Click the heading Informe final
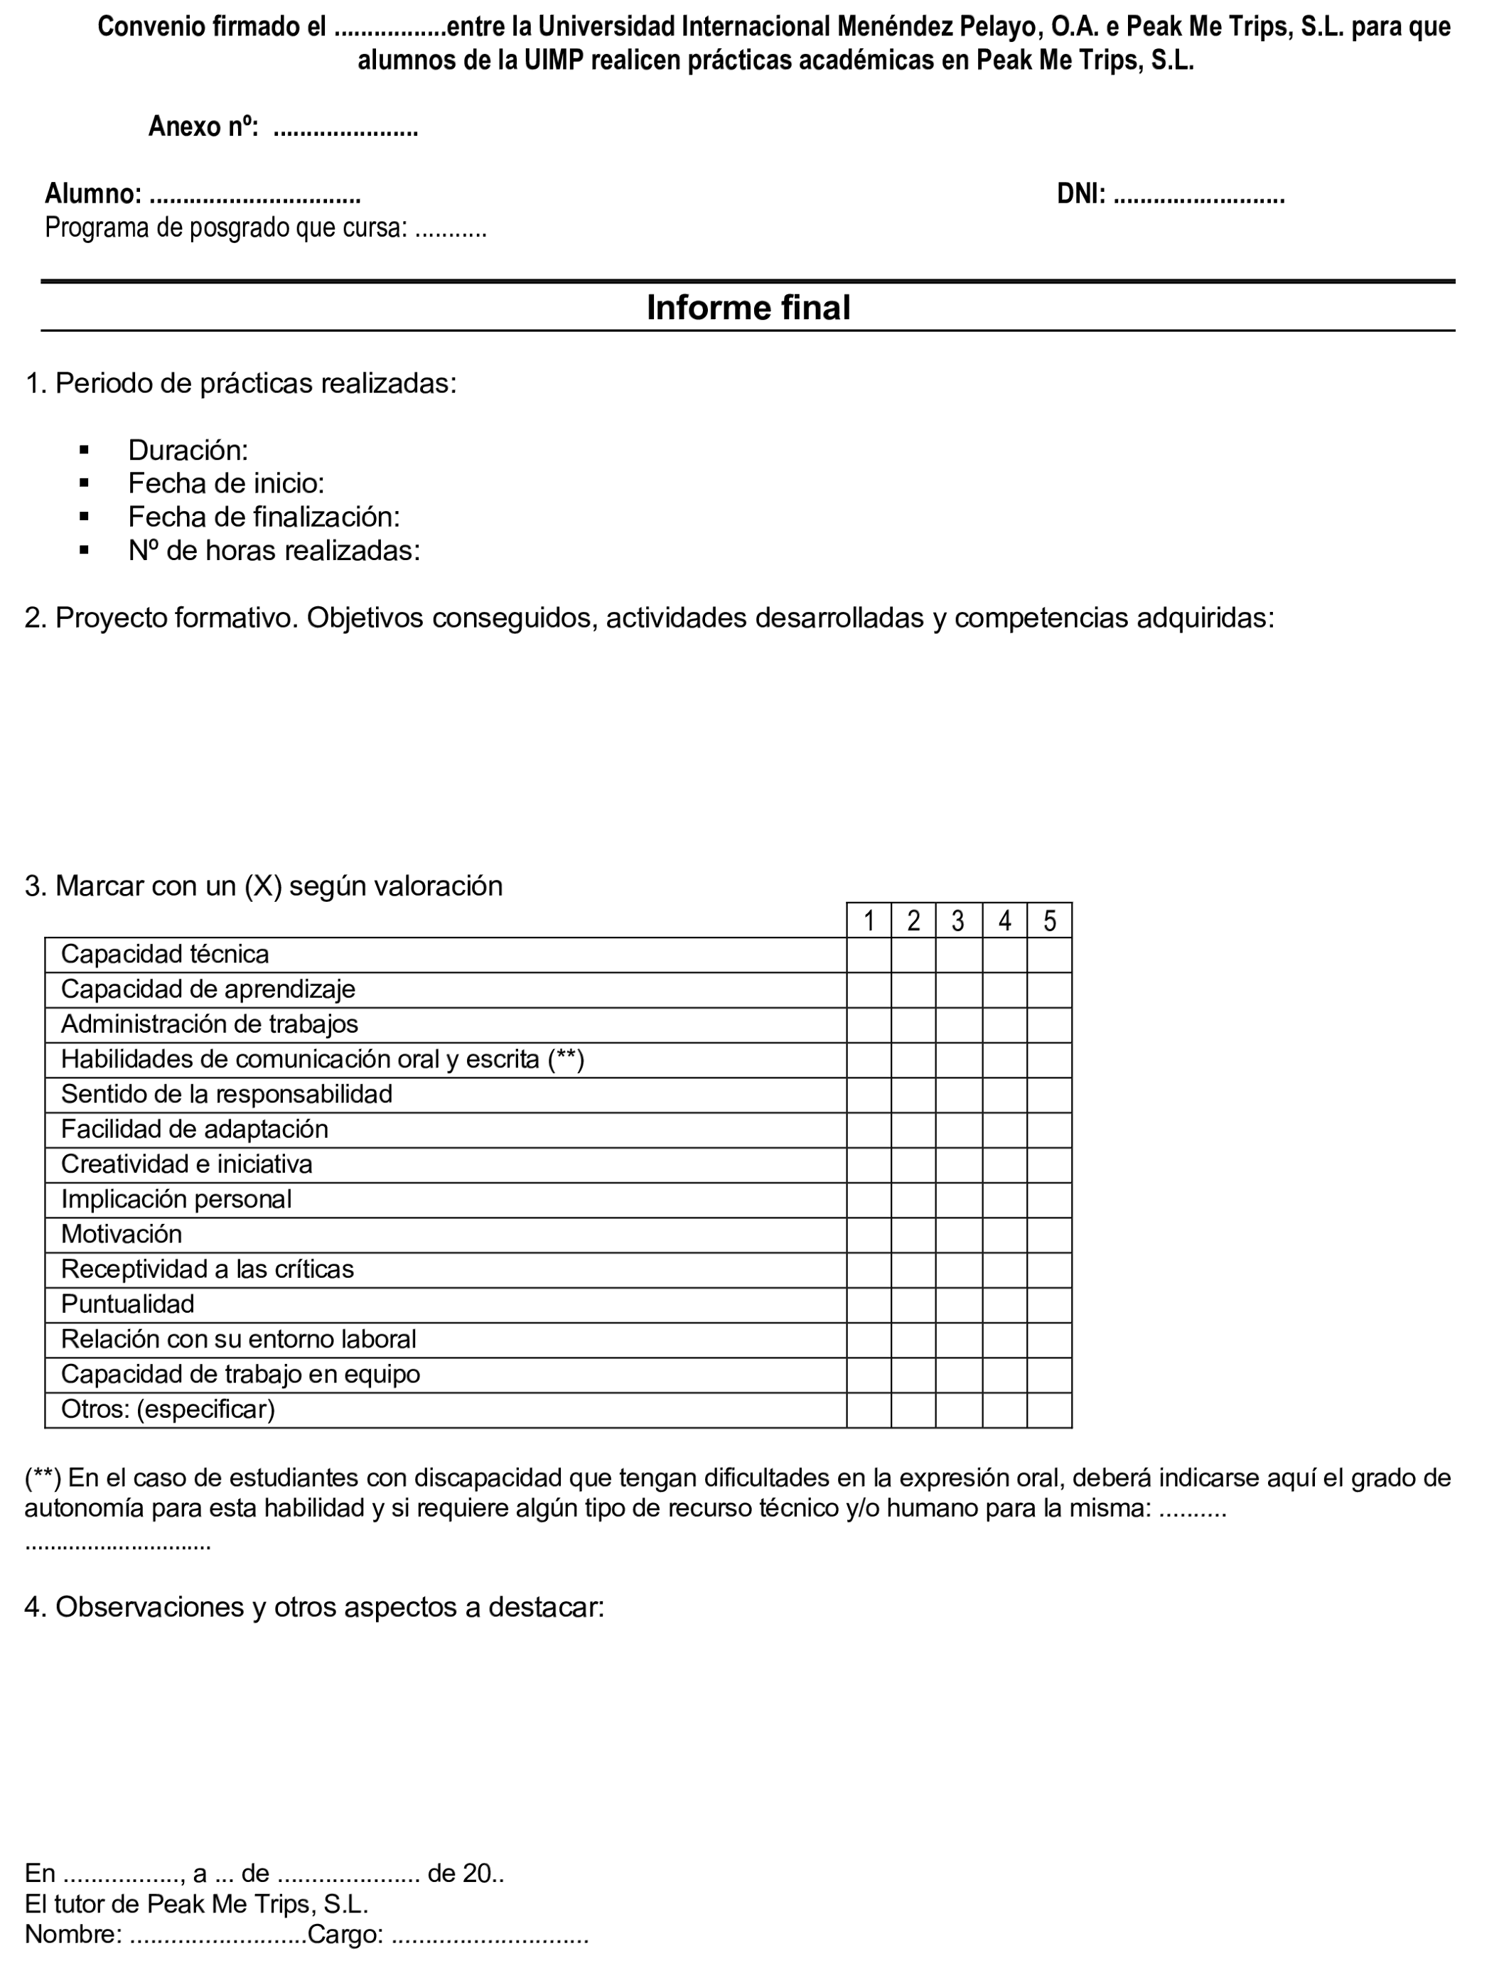pos(748,308)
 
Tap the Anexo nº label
pos(203,127)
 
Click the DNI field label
pos(1080,193)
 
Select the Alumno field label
pos(92,193)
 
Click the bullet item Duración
pos(188,449)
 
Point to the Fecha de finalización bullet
pos(263,517)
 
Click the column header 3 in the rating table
pos(958,921)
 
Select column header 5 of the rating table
pos(1049,921)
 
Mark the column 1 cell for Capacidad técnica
pos(869,955)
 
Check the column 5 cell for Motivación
pos(1049,1235)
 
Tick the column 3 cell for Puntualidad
pos(958,1305)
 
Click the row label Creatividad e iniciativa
pos(186,1165)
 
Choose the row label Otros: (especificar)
pos(168,1410)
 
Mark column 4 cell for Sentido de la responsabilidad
pos(1004,1095)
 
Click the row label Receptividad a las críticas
pos(207,1269)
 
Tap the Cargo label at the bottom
pos(345,1935)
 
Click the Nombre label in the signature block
pos(73,1935)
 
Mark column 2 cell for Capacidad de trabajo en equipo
pos(913,1375)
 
